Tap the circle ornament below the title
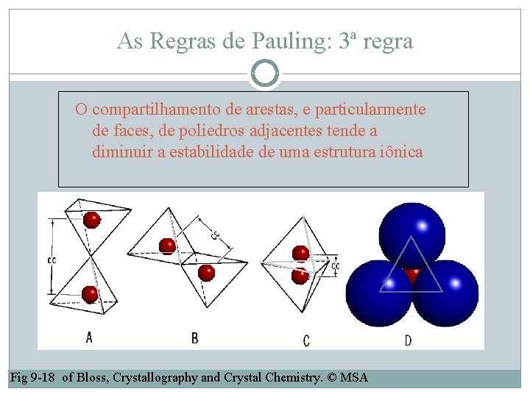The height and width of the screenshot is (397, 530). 265,74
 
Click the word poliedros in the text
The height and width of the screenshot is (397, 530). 216,132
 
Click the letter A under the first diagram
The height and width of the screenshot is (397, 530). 89,337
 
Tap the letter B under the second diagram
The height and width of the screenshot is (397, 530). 194,338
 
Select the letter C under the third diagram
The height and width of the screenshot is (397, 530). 306,340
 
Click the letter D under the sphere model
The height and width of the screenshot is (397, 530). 409,340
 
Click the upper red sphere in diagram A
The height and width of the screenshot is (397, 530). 91,220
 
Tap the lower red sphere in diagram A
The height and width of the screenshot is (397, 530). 90,294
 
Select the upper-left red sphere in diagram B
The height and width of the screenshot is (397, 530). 168,246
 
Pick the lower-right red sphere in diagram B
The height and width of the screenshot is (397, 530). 206,273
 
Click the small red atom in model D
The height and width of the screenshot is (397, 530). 412,275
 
